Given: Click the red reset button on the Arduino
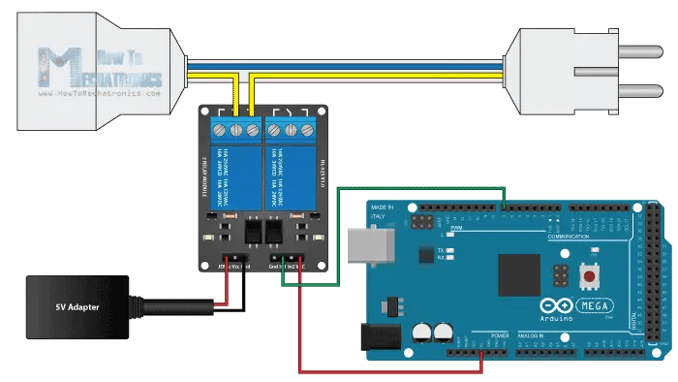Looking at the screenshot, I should click(587, 277).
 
